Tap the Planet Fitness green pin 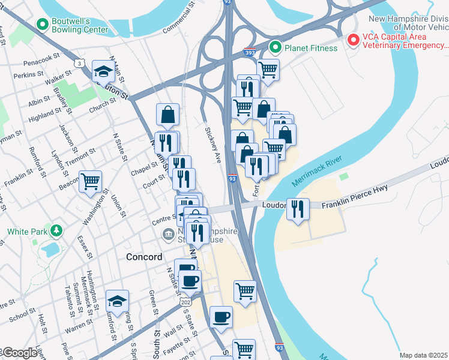[x=276, y=46]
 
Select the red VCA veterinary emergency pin [x=354, y=40]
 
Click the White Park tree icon [x=56, y=230]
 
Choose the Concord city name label [x=144, y=257]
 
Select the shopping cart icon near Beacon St [x=90, y=181]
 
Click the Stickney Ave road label [x=214, y=145]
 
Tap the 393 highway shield [x=249, y=53]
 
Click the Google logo [x=19, y=353]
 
